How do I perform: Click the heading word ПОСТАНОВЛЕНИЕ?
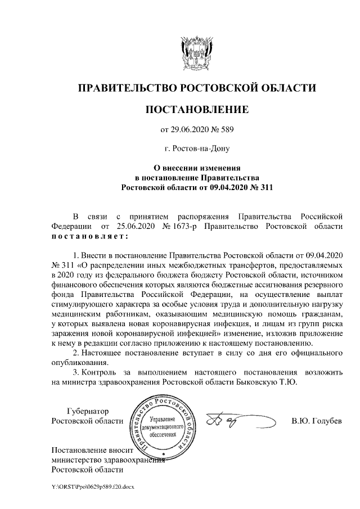(x=196, y=109)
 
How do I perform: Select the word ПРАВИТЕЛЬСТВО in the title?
(x=125, y=88)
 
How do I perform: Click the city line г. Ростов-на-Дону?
(x=196, y=150)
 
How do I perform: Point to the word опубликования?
(x=77, y=363)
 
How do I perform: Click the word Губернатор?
(x=87, y=411)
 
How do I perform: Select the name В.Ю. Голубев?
(x=316, y=421)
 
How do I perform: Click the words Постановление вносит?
(x=92, y=450)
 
